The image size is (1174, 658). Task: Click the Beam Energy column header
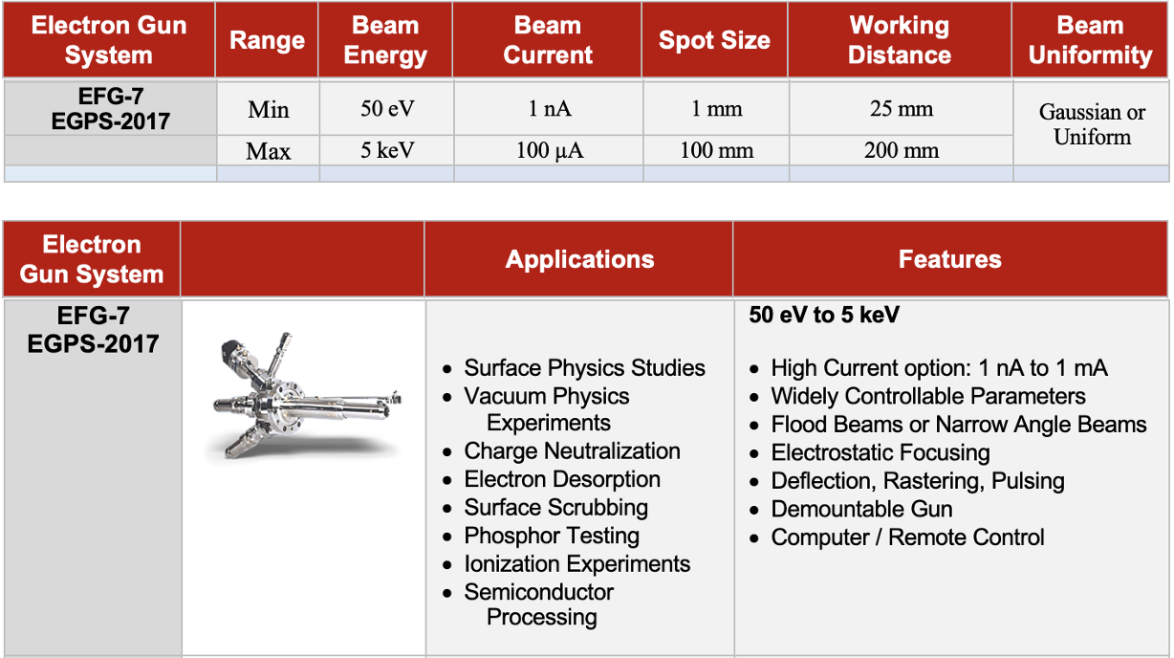point(385,40)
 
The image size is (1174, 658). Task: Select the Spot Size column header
point(714,40)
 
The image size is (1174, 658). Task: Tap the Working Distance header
point(899,40)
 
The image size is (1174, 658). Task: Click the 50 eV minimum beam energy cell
point(386,109)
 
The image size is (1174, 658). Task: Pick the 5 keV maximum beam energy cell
point(386,150)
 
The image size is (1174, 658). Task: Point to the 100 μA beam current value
point(549,150)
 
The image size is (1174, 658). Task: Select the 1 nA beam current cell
point(549,109)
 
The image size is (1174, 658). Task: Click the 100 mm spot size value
point(716,150)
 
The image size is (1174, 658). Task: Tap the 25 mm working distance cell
point(901,109)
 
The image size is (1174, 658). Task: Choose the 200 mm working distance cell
point(901,150)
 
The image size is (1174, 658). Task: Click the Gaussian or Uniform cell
point(1092,124)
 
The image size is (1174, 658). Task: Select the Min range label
point(269,109)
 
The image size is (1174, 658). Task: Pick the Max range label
point(269,151)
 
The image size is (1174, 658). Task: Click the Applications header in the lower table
point(579,259)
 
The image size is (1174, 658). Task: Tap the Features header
point(949,259)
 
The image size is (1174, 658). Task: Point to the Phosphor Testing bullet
point(552,536)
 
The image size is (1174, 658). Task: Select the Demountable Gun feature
point(861,509)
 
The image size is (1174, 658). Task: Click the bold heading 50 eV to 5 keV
point(824,315)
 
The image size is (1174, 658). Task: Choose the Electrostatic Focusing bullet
point(880,452)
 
